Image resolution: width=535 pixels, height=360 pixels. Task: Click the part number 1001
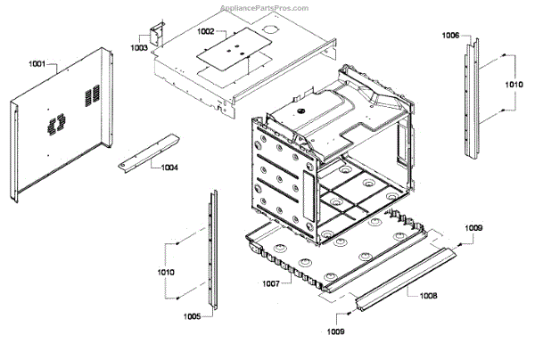(37, 65)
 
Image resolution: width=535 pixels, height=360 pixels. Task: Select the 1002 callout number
(206, 30)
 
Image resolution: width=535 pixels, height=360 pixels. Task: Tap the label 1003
(140, 46)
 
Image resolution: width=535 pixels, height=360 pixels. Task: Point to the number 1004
(169, 166)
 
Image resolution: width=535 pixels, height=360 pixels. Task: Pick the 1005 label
(192, 315)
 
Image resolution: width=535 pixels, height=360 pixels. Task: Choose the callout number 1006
(451, 36)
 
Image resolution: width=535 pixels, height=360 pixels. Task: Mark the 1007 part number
(271, 283)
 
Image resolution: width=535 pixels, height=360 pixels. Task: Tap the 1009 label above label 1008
(473, 229)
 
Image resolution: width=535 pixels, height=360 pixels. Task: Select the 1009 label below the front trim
(333, 331)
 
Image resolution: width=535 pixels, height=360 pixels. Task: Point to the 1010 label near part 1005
(165, 271)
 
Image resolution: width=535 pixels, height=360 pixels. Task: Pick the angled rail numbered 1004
(147, 151)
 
